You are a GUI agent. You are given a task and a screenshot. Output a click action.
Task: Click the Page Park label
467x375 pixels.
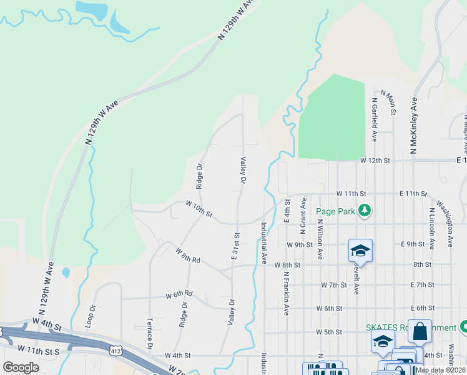coord(336,211)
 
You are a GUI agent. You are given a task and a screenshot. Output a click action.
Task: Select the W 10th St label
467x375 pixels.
coord(199,209)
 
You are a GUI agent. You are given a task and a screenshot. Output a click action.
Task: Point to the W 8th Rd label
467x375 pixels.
coord(187,255)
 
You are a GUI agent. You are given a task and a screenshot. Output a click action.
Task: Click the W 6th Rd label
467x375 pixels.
coord(179,294)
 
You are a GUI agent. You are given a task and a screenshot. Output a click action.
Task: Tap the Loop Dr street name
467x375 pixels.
coord(91,316)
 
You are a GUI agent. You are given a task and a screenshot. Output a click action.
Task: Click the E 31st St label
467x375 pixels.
coord(236,246)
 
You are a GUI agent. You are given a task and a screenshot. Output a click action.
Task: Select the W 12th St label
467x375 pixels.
coord(375,161)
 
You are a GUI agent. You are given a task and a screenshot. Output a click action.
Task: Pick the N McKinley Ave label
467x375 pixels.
coord(413,125)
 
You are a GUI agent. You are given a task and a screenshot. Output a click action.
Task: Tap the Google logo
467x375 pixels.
coord(21,367)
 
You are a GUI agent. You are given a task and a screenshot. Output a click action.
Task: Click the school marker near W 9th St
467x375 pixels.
coord(360,251)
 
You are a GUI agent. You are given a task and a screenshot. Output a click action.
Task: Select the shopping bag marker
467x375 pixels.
coord(420,331)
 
